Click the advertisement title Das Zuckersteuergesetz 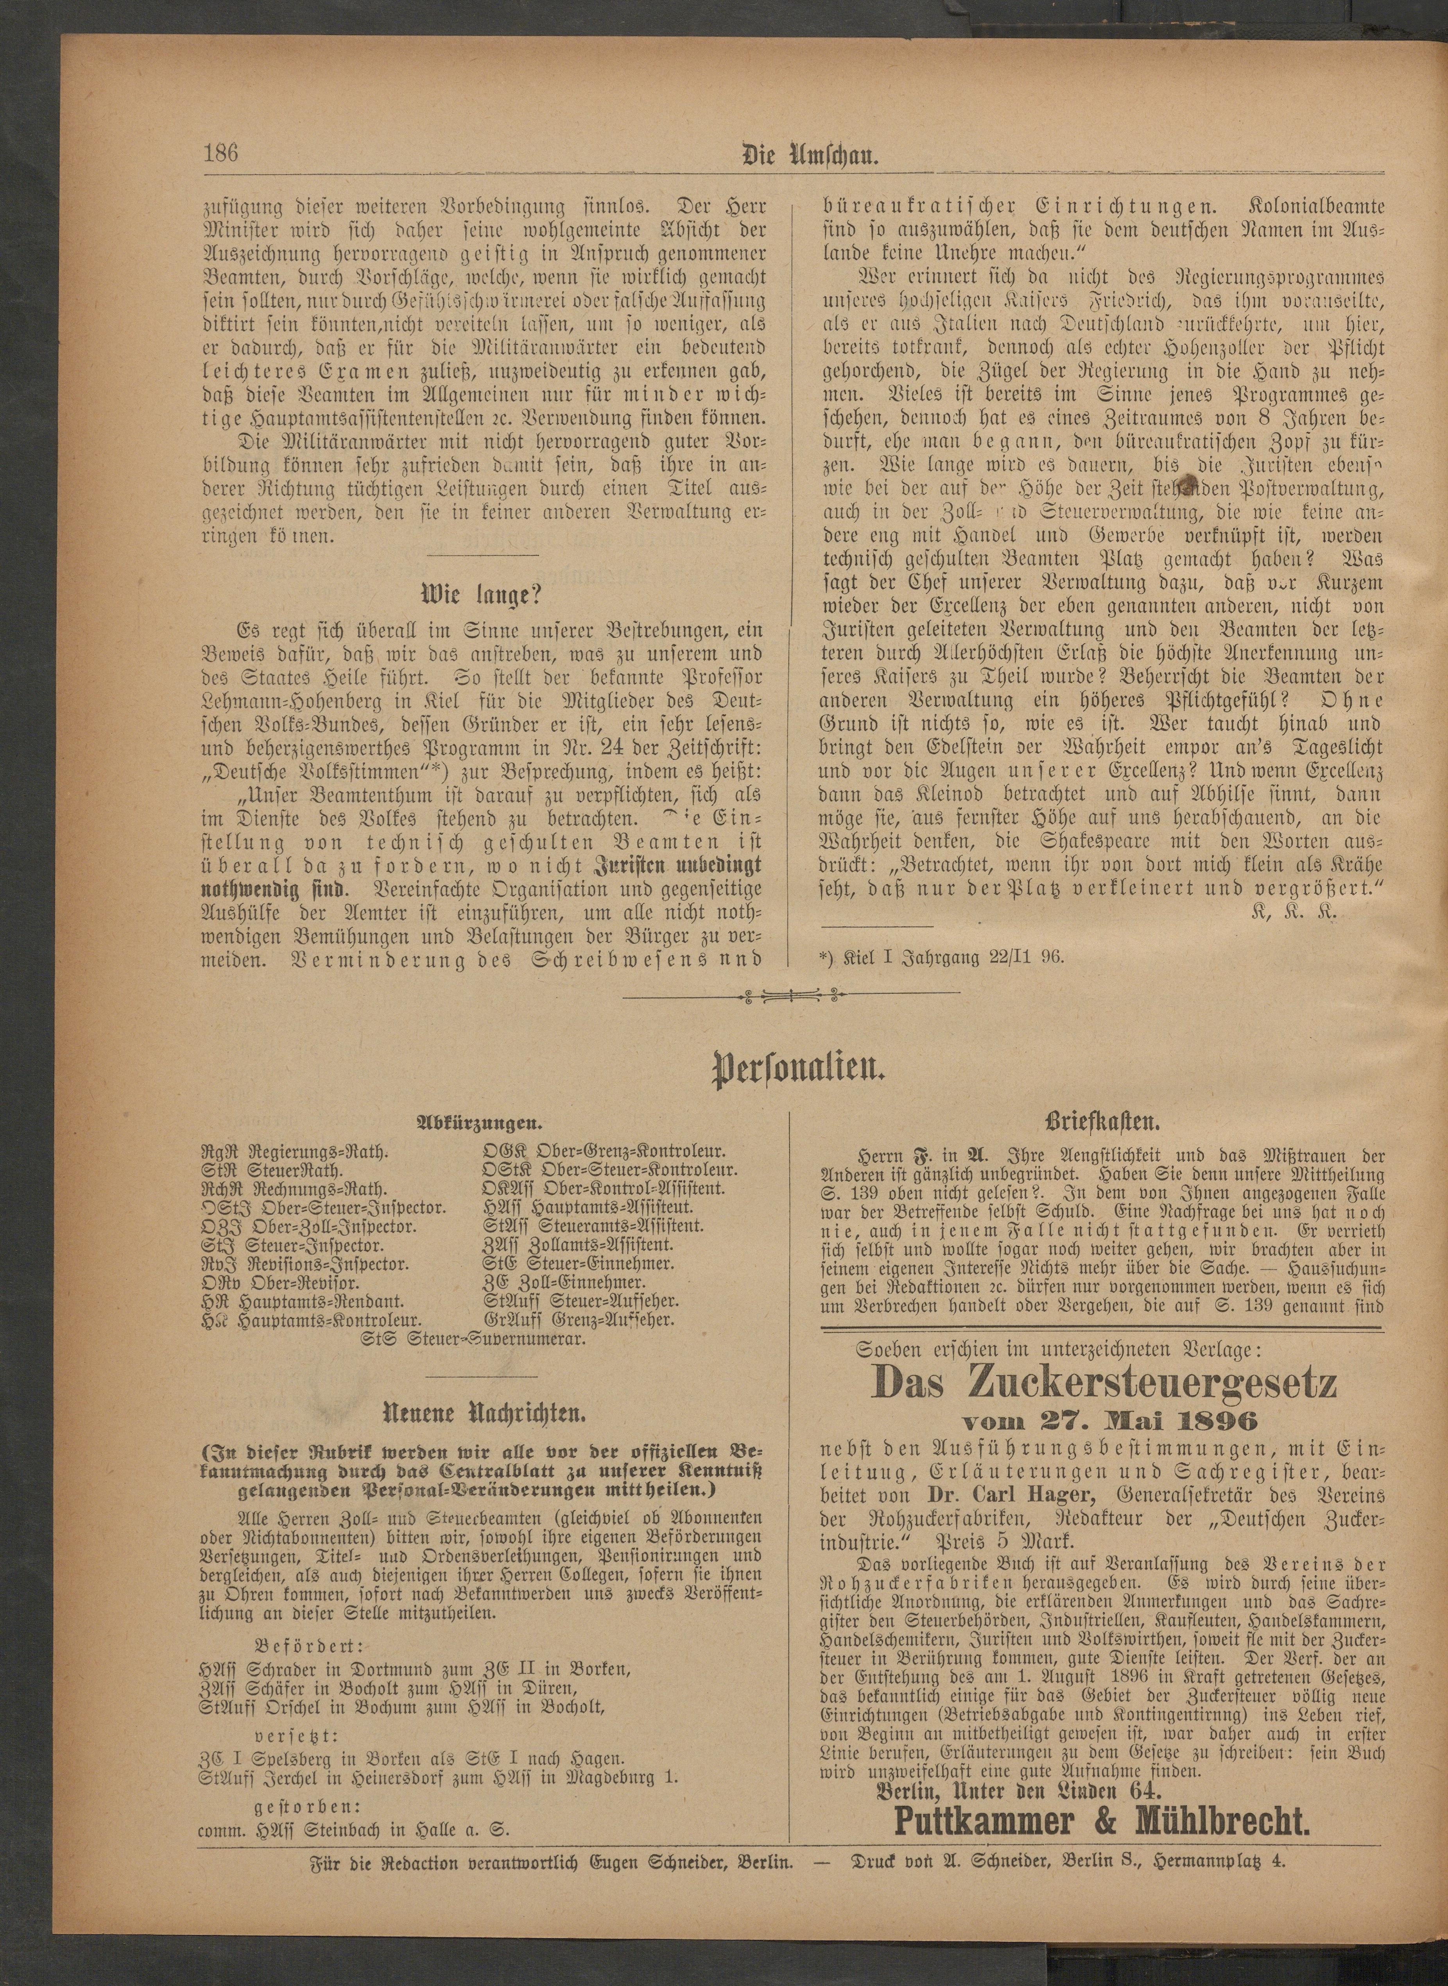point(1104,1384)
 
